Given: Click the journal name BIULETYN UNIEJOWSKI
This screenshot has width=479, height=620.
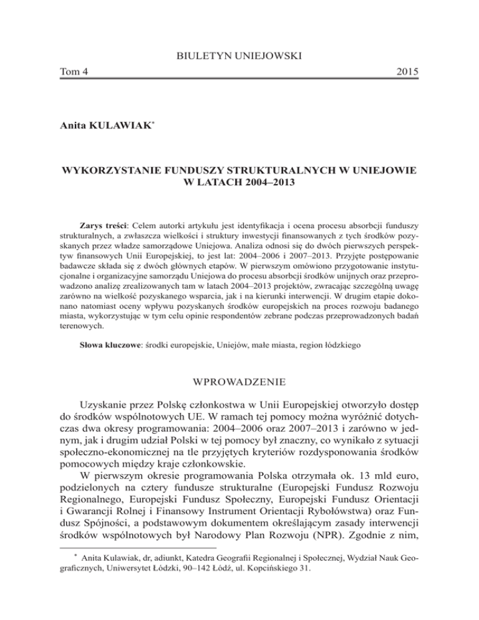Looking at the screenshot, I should click(239, 57).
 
